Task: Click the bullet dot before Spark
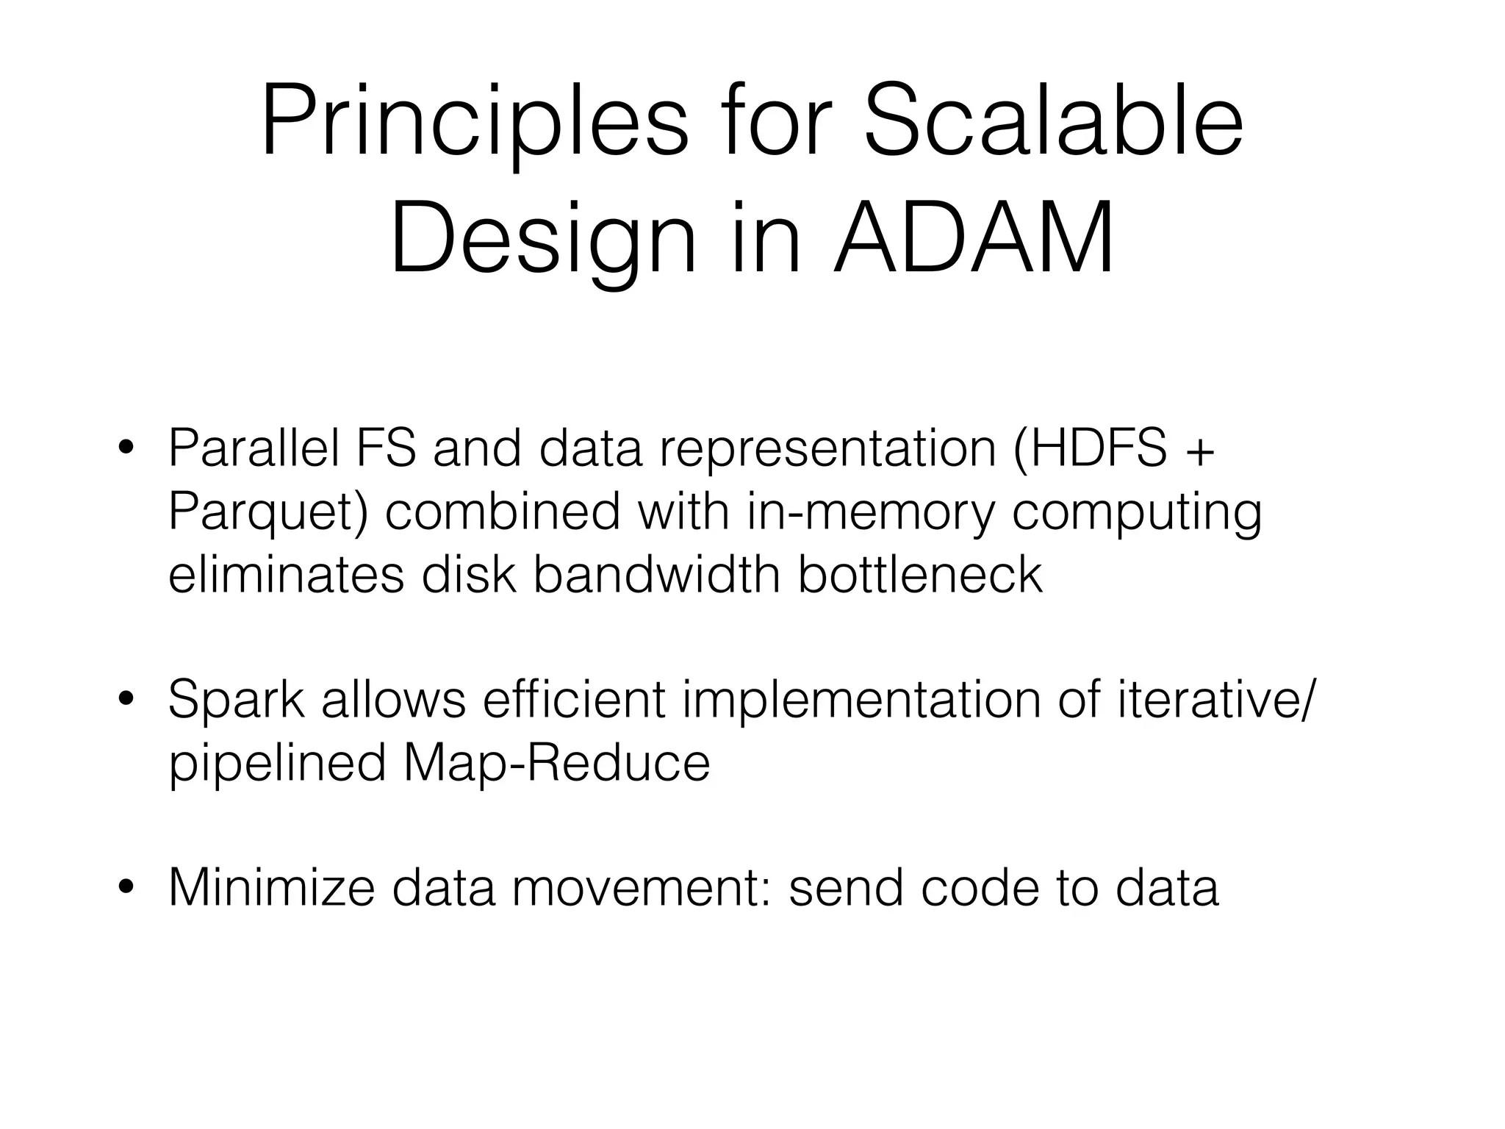tap(126, 700)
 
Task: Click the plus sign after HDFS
tap(1200, 450)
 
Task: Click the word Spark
tap(236, 700)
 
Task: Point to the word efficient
tap(573, 700)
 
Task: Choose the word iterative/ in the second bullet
tap(1213, 700)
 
